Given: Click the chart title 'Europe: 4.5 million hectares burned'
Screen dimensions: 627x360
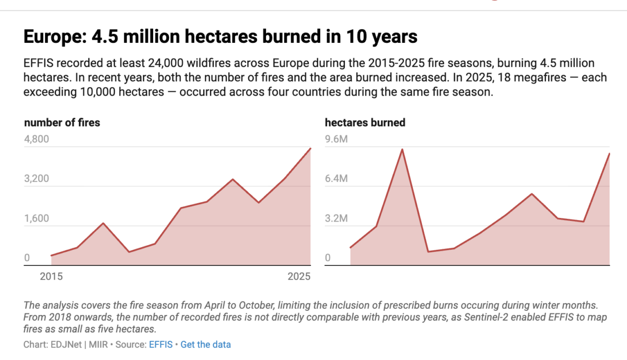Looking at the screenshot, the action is pos(220,37).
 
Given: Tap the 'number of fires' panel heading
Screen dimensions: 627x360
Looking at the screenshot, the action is pos(62,123).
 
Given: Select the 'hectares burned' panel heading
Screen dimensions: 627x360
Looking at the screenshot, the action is pos(365,123).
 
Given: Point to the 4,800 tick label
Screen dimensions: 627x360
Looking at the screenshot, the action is pos(37,139).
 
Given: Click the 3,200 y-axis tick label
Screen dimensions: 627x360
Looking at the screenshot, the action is pos(37,179).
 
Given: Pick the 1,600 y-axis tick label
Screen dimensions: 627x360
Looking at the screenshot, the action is pos(37,218).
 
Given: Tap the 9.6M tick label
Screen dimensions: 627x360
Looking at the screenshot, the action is pos(336,139).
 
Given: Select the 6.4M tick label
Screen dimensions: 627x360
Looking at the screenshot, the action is pos(336,179).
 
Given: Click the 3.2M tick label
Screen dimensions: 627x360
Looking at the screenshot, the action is pos(336,218).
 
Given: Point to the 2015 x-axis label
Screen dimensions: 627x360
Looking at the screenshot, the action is pos(51,276).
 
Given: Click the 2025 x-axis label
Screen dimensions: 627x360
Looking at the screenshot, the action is pos(299,276).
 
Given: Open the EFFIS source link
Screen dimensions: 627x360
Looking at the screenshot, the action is pos(161,345).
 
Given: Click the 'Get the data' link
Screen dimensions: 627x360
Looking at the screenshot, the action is pos(205,345).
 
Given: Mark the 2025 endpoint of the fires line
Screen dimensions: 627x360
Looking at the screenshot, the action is pos(310,148).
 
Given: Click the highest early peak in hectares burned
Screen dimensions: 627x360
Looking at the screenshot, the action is pos(402,149).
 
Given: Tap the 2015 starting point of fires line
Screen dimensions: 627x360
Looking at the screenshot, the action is pos(52,256).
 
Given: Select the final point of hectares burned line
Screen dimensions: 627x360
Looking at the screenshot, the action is pos(609,154).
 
